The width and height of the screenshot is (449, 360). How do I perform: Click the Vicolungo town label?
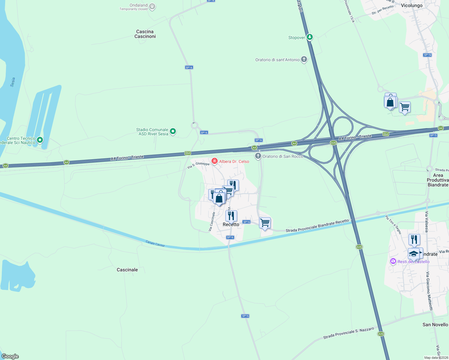(411, 5)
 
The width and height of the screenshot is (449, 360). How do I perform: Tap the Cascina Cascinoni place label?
(145, 34)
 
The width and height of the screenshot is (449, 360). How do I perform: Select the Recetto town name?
(231, 224)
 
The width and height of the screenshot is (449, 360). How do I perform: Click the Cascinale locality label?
(127, 270)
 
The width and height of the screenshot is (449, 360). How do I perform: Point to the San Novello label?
(435, 324)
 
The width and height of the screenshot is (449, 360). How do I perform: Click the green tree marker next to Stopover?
(310, 37)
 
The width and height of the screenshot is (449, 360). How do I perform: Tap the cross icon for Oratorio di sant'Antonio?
(304, 59)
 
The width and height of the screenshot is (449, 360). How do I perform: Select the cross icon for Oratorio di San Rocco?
(258, 156)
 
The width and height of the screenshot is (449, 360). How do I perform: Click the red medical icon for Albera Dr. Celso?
(215, 161)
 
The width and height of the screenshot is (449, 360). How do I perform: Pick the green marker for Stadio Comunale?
(173, 131)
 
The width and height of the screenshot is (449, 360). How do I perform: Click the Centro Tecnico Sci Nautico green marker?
(40, 140)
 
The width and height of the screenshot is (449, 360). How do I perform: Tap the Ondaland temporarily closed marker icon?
(152, 6)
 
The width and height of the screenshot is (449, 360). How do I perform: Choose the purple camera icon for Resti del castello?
(393, 261)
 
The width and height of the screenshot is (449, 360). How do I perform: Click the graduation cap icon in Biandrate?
(414, 253)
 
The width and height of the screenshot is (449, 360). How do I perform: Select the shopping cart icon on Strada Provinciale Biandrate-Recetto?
(265, 223)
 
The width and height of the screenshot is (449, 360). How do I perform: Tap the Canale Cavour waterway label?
(155, 243)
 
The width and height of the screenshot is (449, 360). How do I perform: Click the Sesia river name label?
(13, 82)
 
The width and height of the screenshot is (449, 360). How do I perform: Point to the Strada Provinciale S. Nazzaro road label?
(348, 333)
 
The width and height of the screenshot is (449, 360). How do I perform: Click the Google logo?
(10, 356)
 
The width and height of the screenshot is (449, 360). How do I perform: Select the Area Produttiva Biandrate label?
(438, 180)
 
